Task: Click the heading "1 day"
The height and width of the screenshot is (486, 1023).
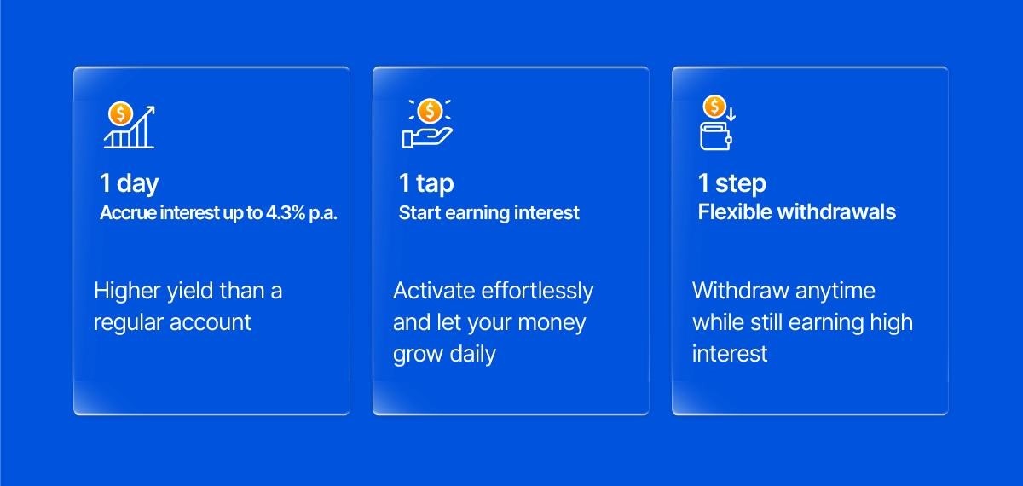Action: click(x=129, y=183)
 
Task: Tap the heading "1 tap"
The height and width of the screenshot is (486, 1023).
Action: click(x=426, y=183)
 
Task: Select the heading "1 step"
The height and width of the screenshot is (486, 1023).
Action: click(x=731, y=183)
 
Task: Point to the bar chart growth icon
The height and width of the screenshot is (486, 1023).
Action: click(x=129, y=127)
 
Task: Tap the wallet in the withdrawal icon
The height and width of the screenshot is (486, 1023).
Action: click(x=716, y=136)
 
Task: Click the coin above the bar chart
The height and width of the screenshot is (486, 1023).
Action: click(x=120, y=113)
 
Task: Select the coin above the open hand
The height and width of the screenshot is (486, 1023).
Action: click(x=430, y=110)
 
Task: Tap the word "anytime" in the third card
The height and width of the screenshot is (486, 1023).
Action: click(x=835, y=292)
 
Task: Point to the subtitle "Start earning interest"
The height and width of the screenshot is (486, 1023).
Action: click(x=488, y=212)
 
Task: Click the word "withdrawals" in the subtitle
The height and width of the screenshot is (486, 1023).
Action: click(x=836, y=212)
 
